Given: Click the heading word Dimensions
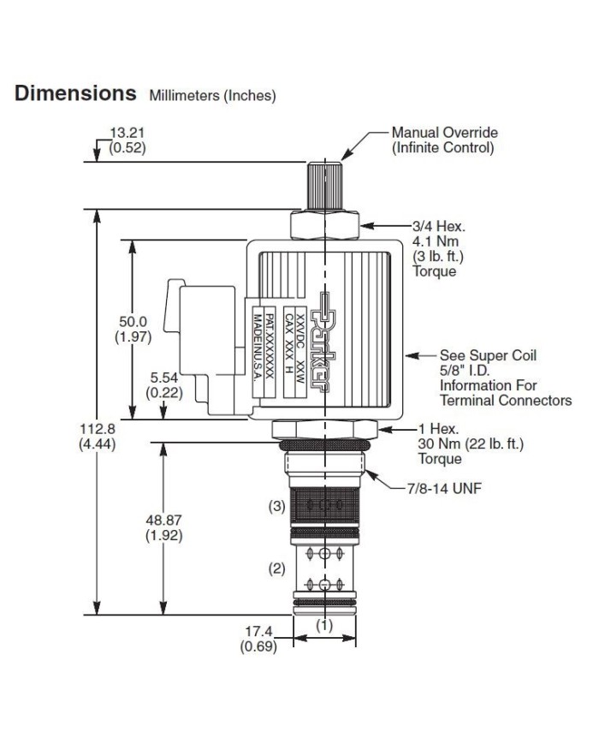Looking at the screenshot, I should click(x=75, y=92).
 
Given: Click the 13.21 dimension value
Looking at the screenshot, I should click(x=128, y=133).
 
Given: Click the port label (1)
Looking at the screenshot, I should click(x=324, y=625).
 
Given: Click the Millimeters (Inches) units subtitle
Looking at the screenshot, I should click(x=212, y=96).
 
